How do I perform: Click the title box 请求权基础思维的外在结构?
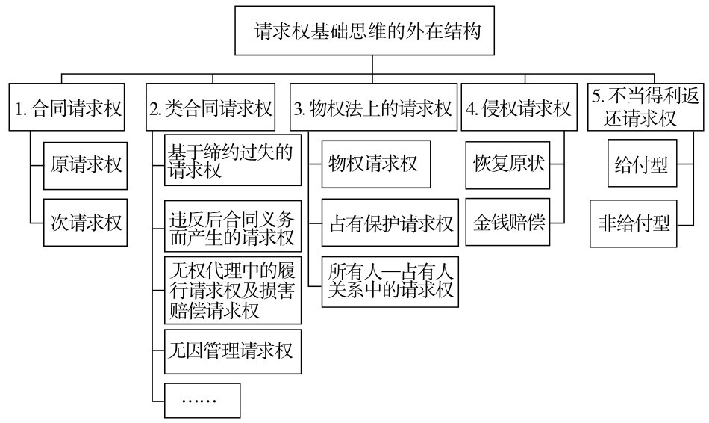(364, 31)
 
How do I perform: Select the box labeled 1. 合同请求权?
(66, 108)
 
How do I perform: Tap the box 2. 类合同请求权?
(210, 108)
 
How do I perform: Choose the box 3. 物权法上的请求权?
(373, 108)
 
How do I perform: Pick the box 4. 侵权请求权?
(519, 108)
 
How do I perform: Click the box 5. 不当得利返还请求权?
(646, 108)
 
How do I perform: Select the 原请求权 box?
(86, 166)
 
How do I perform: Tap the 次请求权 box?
(86, 223)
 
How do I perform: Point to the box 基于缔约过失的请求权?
(233, 160)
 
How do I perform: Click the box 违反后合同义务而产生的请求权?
(233, 226)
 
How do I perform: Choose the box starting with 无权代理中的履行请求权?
(233, 290)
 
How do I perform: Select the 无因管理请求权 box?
(233, 352)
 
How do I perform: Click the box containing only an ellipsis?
(202, 401)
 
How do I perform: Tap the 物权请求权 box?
(376, 164)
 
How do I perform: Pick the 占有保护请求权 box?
(390, 223)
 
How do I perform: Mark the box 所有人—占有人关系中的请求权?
(390, 282)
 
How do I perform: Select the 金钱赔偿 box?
(507, 222)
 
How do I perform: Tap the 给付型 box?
(642, 164)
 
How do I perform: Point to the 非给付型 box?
(634, 223)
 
